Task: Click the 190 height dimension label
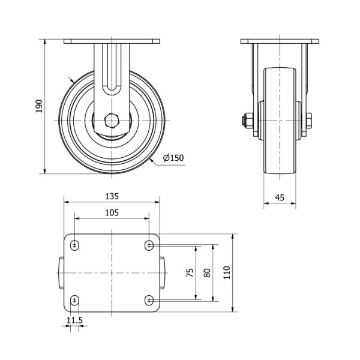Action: pos(39,106)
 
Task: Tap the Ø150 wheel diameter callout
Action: pos(173,158)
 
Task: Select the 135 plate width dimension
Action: pos(112,196)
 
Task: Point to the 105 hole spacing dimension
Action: pos(112,213)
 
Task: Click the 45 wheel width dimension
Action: pos(280,197)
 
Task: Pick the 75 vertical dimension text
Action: pos(190,272)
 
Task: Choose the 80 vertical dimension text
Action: pos(207,272)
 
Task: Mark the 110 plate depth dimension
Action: pos(227,272)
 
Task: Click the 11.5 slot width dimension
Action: pos(74,320)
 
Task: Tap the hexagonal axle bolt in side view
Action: pos(112,121)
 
